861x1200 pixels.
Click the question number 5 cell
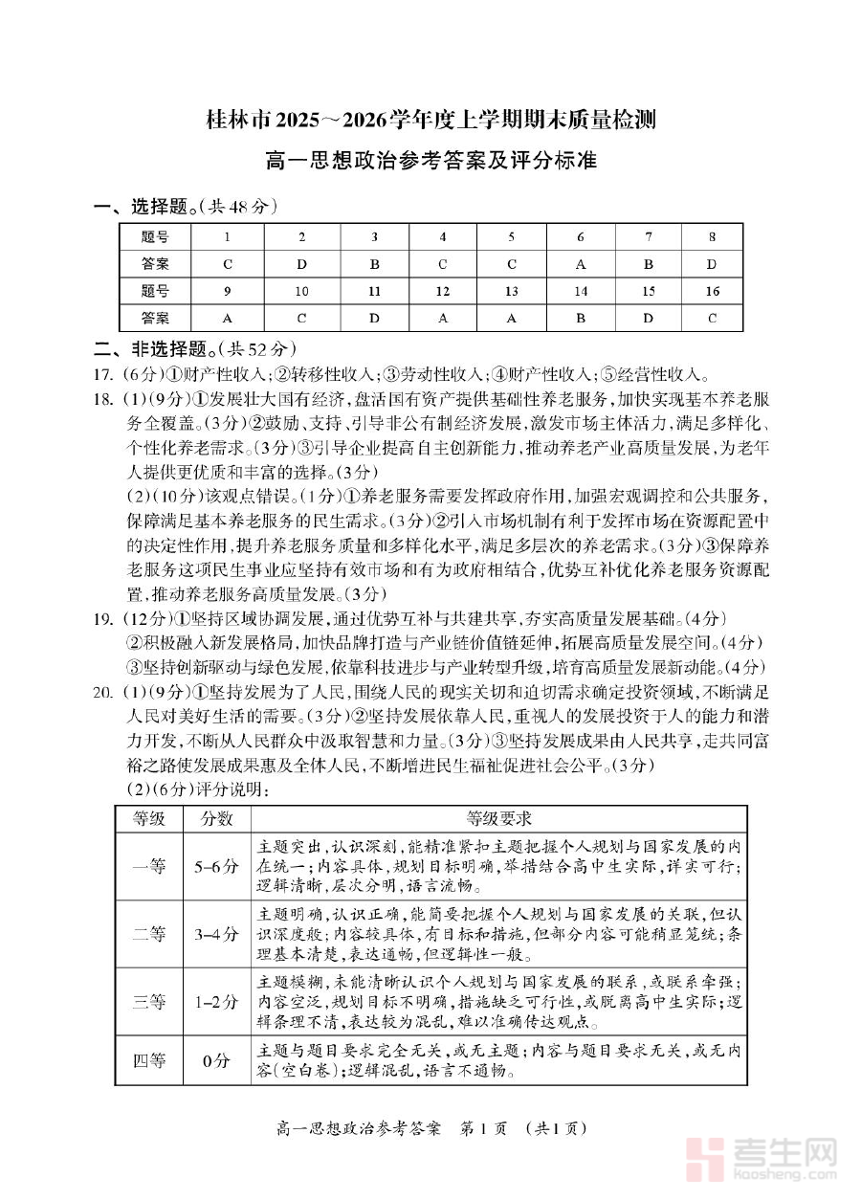click(512, 237)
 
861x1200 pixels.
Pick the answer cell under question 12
click(442, 318)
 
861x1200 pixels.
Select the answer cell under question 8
click(712, 264)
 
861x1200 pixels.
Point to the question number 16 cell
click(712, 291)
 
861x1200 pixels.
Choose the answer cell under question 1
click(228, 264)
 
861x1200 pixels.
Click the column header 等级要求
click(498, 819)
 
